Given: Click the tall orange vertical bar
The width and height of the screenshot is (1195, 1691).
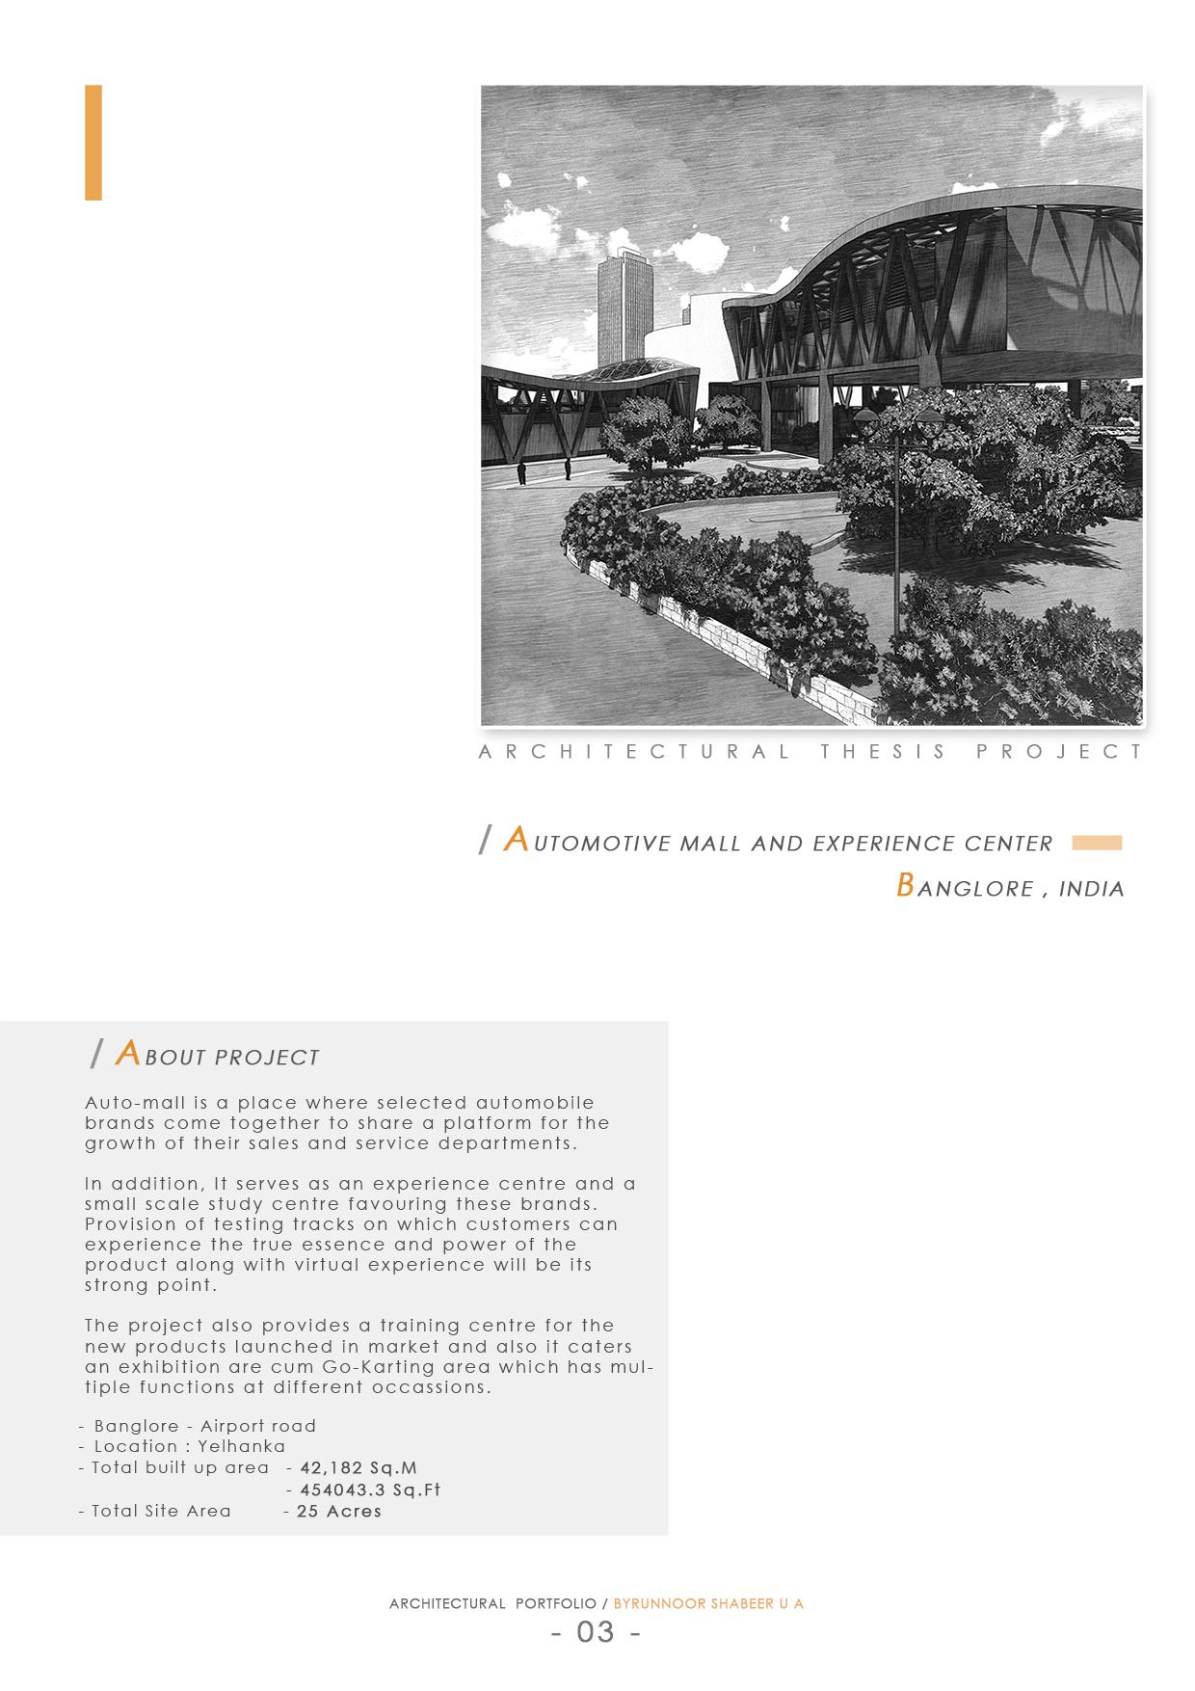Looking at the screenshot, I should (x=93, y=143).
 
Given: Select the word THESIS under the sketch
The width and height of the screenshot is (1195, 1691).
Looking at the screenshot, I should (x=884, y=752).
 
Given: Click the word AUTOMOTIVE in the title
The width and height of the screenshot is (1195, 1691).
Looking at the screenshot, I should (x=588, y=843).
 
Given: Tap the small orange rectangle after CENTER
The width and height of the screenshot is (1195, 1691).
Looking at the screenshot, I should (x=1097, y=843).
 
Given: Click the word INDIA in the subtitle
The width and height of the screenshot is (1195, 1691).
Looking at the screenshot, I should (x=1091, y=889).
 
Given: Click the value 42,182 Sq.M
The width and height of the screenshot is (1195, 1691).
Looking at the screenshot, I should (x=358, y=1467).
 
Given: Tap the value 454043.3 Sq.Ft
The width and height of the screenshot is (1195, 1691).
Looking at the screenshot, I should (x=369, y=1490).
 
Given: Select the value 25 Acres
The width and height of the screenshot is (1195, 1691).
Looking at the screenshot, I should (x=338, y=1511).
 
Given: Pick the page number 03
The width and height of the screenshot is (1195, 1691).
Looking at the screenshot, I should (x=596, y=1632).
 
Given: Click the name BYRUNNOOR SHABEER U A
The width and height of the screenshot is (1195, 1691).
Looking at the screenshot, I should (x=708, y=1604).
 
